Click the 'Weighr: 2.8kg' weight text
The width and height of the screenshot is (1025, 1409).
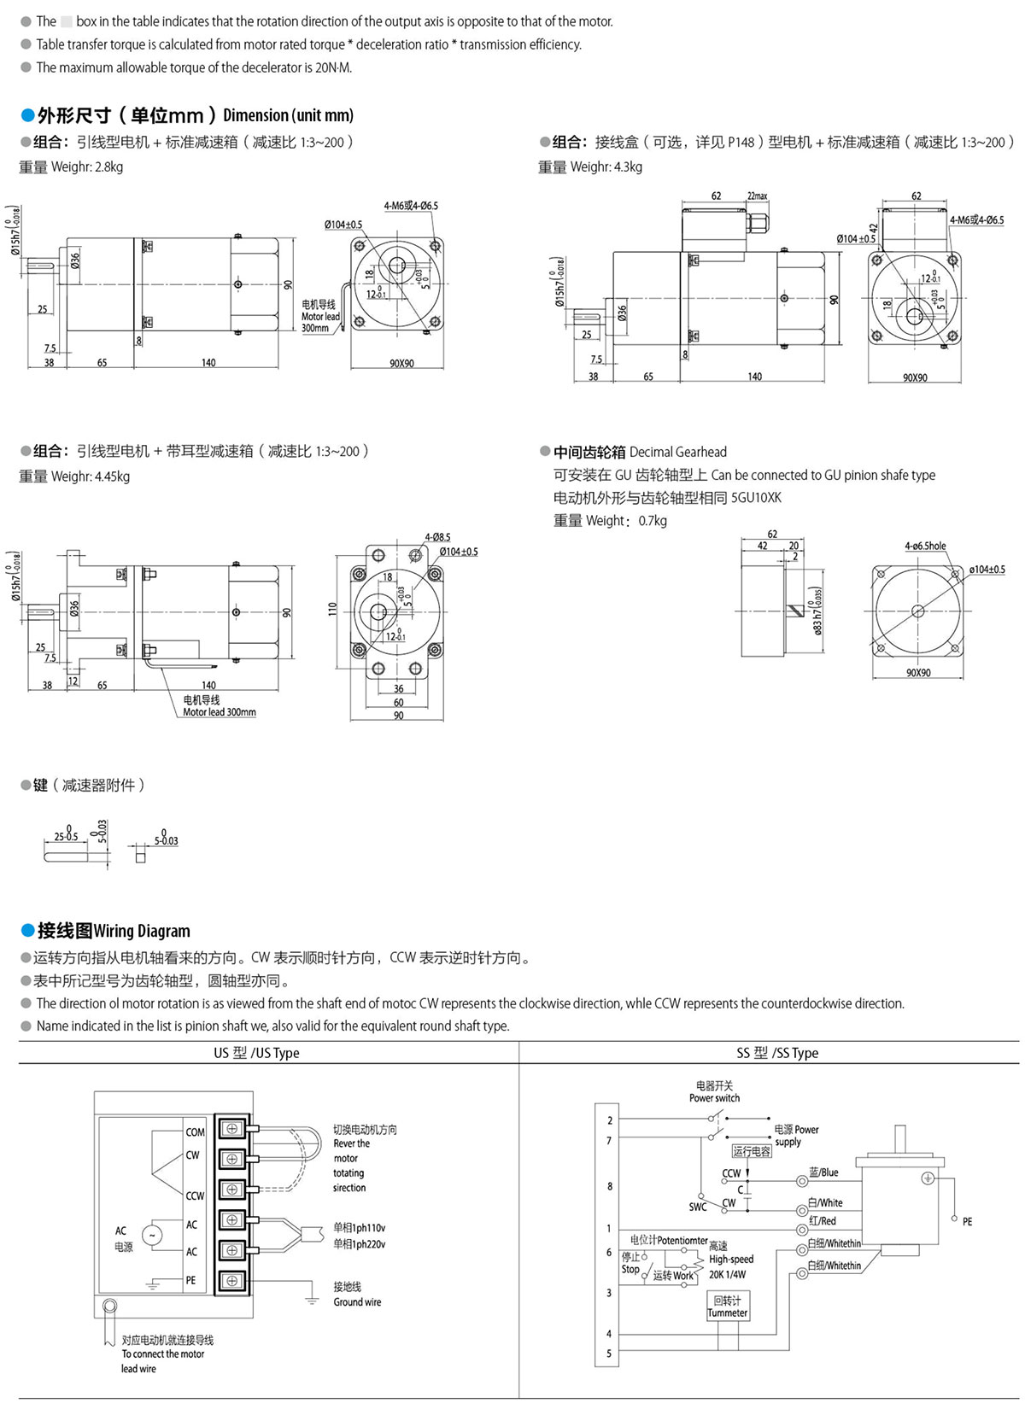tap(86, 167)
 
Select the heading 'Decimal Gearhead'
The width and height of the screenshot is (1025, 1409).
tap(677, 452)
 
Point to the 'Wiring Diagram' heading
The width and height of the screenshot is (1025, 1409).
tap(142, 931)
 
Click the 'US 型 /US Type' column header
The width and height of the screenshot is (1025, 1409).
tap(256, 1053)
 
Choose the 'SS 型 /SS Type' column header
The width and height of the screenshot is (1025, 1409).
tap(776, 1053)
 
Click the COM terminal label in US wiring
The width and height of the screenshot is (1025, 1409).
tap(195, 1132)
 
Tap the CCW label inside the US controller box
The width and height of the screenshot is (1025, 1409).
tap(195, 1196)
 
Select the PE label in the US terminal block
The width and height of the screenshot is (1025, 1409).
tap(190, 1280)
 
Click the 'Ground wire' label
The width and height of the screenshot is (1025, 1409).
tap(357, 1302)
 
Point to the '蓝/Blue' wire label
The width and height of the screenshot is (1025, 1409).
tap(823, 1172)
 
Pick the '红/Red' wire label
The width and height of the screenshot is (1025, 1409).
tap(822, 1221)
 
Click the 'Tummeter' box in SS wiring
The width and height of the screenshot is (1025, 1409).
tap(728, 1307)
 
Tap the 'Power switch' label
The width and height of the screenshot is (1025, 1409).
tap(714, 1098)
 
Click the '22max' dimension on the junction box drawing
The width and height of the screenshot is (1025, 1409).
tap(757, 196)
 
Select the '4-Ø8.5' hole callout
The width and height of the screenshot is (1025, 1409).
tap(437, 537)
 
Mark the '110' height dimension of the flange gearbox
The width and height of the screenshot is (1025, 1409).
tap(332, 609)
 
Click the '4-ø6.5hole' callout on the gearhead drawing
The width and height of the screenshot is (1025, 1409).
tap(925, 546)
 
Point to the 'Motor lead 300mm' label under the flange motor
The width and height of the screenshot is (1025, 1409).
tap(219, 712)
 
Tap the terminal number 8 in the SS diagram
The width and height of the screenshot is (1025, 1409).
tap(609, 1186)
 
